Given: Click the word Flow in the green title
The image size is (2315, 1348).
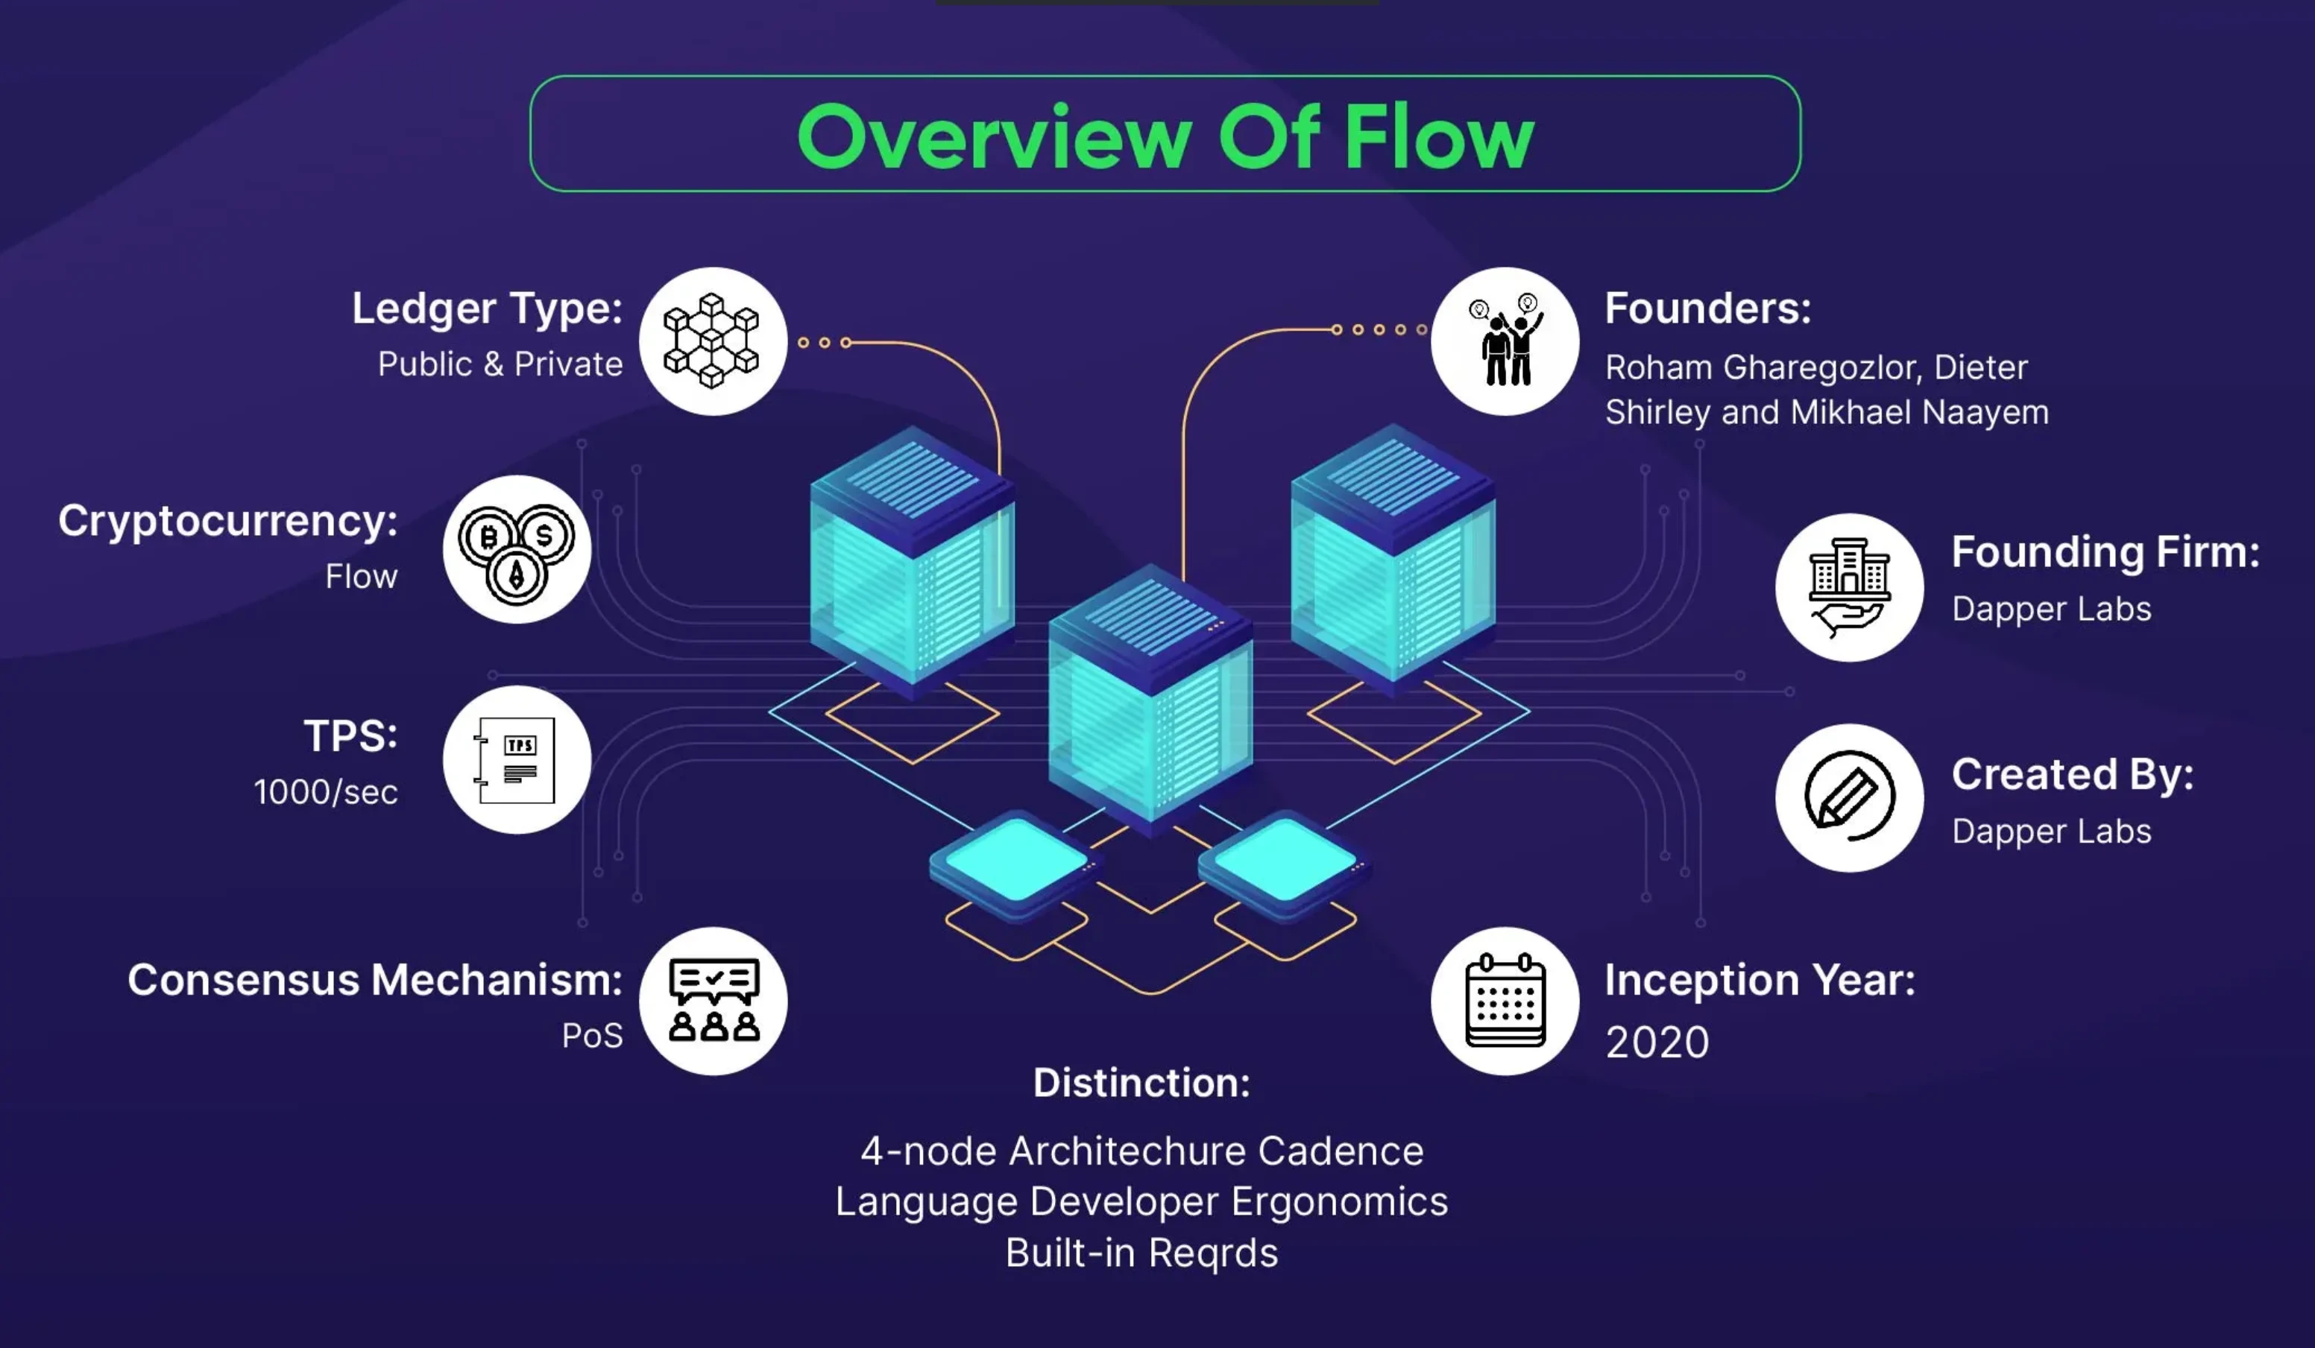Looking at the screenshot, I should (1439, 137).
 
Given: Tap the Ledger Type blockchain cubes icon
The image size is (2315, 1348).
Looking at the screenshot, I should (713, 341).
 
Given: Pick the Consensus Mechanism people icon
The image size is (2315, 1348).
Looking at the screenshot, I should (714, 1001).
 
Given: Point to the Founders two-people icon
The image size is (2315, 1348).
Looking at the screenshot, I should (1505, 341).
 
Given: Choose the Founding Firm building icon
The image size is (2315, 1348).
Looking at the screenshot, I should (1849, 586).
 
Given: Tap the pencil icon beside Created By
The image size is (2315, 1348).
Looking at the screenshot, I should (1849, 797).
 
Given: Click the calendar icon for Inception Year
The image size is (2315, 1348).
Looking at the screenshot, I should (1505, 1001).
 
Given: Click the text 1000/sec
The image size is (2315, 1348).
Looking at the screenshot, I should (325, 791).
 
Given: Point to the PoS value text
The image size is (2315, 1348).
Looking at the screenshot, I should (593, 1036).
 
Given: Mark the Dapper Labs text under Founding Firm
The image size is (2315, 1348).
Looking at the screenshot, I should (2051, 609).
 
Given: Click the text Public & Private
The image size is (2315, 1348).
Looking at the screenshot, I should (501, 364).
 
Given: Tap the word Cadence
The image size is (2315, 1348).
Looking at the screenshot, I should (1341, 1151).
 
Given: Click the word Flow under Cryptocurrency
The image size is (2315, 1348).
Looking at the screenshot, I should (361, 577).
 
